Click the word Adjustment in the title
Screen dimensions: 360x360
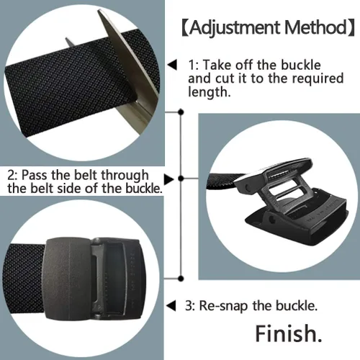point(235,29)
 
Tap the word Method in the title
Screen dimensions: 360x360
point(315,27)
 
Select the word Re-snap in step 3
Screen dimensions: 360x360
point(223,307)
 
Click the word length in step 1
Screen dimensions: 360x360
point(210,91)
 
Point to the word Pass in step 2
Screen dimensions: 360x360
point(35,175)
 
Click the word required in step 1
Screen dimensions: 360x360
point(318,78)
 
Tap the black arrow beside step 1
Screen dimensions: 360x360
point(172,65)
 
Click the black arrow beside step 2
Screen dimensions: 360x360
point(168,179)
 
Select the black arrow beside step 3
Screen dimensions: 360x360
point(171,306)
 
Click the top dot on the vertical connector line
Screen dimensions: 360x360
point(181,112)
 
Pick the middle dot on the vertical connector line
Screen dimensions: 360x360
point(181,179)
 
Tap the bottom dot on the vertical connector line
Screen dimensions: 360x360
point(181,279)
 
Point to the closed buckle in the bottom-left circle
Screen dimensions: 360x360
point(95,279)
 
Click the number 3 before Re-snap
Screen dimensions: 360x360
point(189,306)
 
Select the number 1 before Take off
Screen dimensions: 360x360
point(192,65)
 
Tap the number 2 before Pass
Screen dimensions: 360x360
point(11,175)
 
